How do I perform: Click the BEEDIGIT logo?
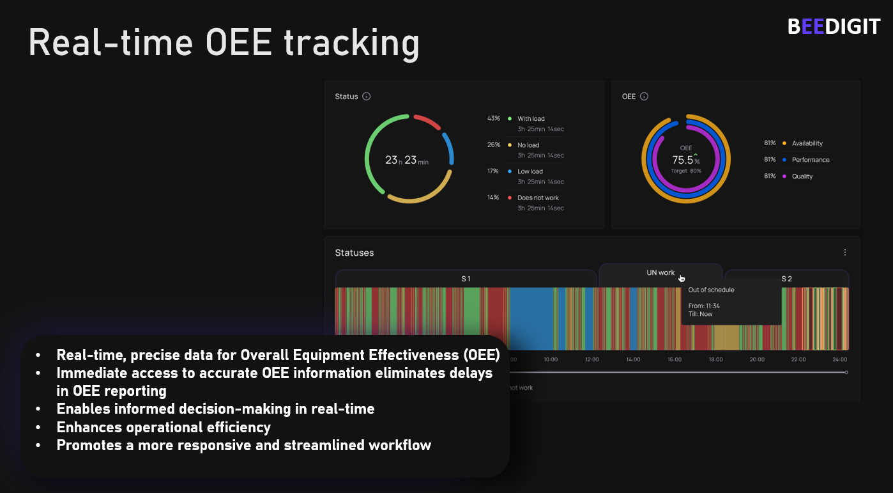click(834, 27)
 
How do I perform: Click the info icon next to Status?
click(367, 97)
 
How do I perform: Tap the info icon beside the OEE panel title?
click(644, 97)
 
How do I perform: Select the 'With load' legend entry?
click(531, 119)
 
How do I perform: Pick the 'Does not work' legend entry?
click(538, 198)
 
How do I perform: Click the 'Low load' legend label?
click(530, 171)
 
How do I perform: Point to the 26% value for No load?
click(494, 145)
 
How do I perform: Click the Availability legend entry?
click(807, 143)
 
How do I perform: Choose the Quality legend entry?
click(802, 176)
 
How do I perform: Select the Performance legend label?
click(811, 160)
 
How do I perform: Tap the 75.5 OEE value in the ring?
click(683, 160)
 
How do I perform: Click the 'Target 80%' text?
click(686, 171)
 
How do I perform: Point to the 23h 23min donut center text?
click(407, 160)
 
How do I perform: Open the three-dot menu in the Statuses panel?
click(845, 253)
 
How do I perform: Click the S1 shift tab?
click(466, 279)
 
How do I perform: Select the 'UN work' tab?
click(660, 273)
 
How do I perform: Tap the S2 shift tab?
click(786, 279)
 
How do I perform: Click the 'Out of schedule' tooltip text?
click(711, 290)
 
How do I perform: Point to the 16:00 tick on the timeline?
click(675, 359)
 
